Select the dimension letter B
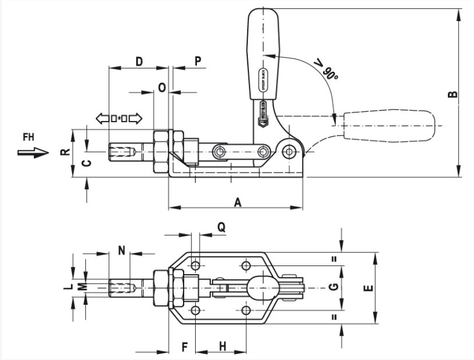point(452,95)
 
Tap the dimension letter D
point(139,61)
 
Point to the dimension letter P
point(197,61)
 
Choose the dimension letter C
point(85,163)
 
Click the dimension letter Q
point(221,227)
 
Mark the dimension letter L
point(67,286)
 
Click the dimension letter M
point(82,286)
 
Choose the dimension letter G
point(332,286)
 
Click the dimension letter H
point(222,346)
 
